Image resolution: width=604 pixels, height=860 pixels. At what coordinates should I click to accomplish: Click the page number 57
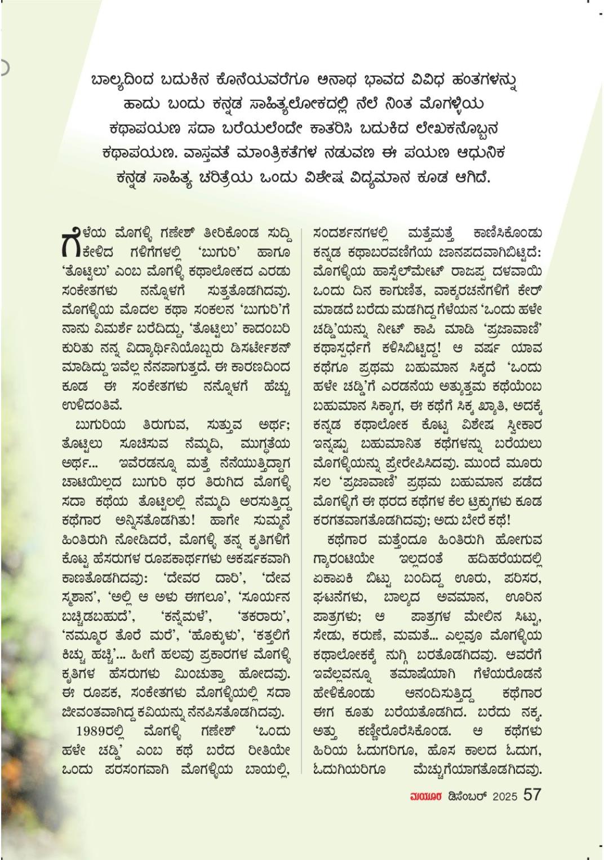[x=532, y=795]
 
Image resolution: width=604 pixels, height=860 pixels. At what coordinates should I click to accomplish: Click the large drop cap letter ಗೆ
[x=70, y=240]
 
